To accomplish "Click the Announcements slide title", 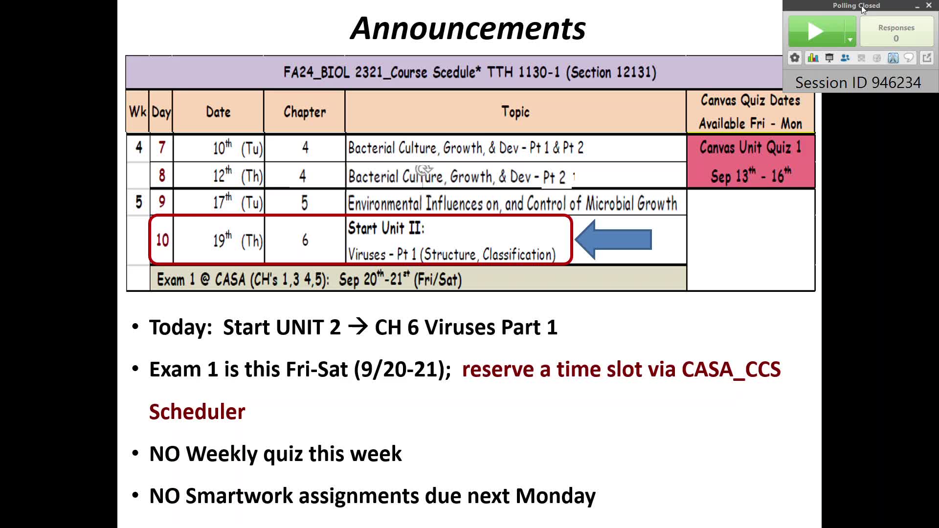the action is tap(468, 28).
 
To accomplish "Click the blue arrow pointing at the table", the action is tap(613, 240).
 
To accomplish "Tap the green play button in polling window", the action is tap(816, 32).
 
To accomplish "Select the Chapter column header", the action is tap(304, 112).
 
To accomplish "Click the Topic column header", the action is tap(515, 112).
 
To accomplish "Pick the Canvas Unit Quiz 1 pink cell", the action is tap(751, 162).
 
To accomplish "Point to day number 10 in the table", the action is tap(162, 240).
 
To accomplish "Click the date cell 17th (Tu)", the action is tap(238, 202).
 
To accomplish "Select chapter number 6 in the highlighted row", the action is tap(305, 240).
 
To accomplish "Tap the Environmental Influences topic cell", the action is tap(513, 203).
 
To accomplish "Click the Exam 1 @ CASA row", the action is tap(418, 279).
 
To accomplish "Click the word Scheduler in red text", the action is tap(197, 412).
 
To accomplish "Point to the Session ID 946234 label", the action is tap(858, 83).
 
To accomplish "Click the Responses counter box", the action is tap(896, 32).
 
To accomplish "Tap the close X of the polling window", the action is tap(929, 5).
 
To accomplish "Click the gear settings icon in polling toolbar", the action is tap(795, 58).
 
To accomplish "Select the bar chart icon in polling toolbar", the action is tap(813, 58).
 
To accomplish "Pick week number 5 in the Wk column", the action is tap(139, 202).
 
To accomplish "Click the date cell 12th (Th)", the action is tap(238, 175).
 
